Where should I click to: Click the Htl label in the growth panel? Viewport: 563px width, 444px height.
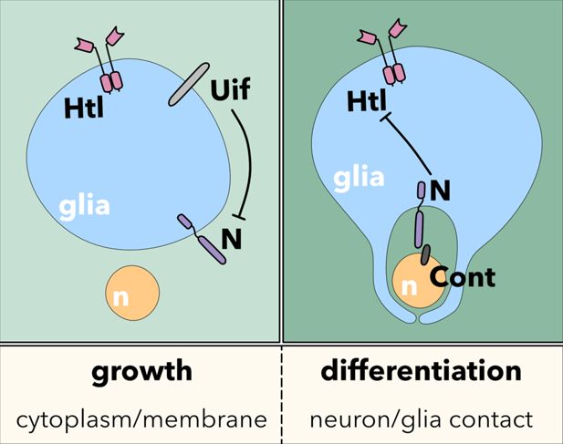(x=85, y=109)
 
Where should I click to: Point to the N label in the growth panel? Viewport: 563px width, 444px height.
(x=232, y=239)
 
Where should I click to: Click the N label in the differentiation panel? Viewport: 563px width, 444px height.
(x=441, y=191)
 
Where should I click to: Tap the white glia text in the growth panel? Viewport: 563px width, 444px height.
(x=85, y=204)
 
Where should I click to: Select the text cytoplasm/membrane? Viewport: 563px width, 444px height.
(x=141, y=419)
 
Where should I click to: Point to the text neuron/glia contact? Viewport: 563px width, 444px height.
(x=421, y=419)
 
